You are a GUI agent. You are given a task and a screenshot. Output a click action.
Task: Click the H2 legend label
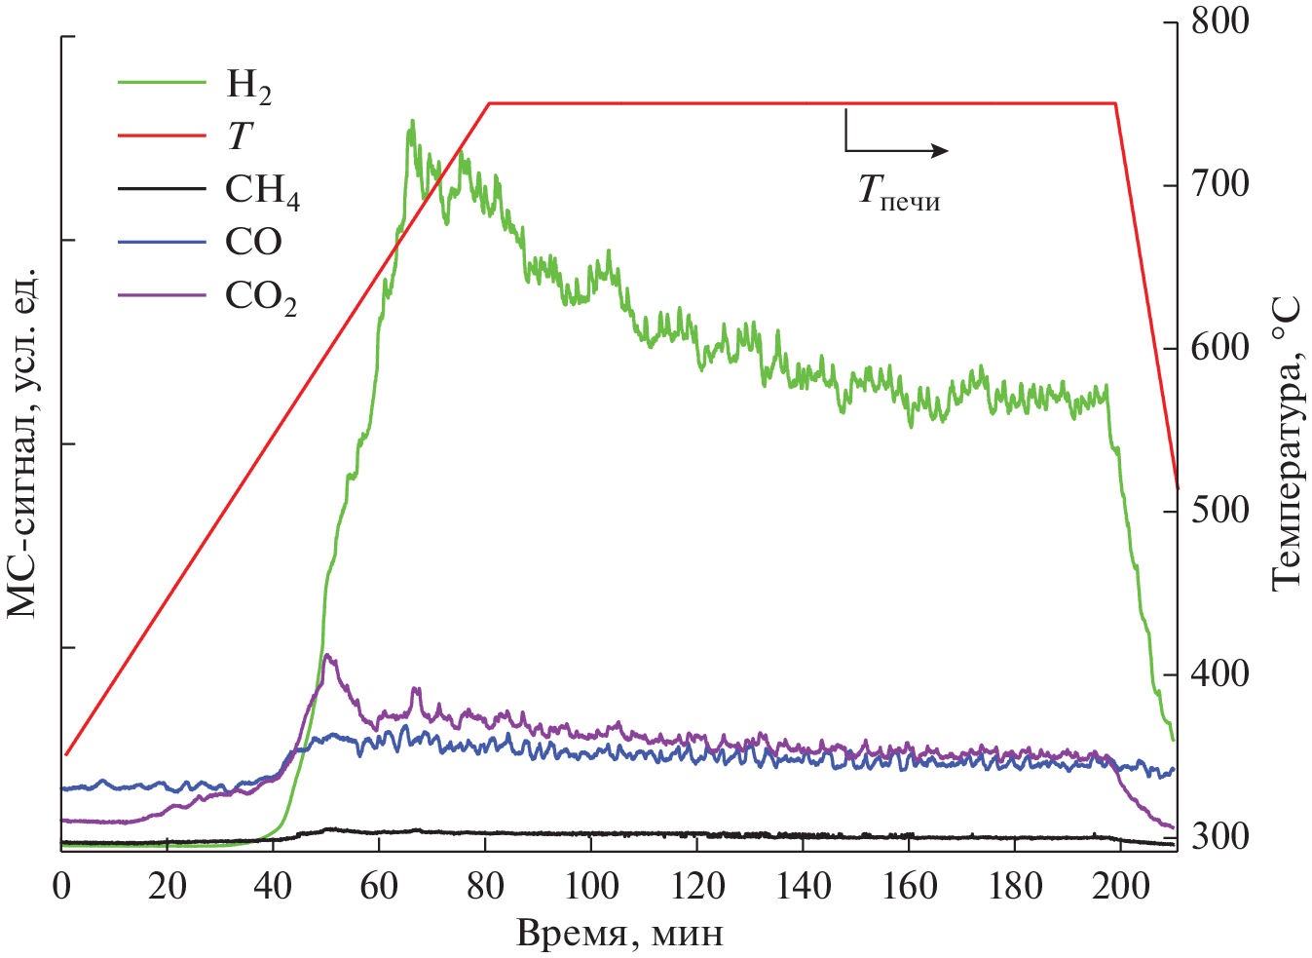(248, 87)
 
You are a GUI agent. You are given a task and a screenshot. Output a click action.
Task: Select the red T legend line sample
(162, 135)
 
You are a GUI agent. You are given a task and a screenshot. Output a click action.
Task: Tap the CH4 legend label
(262, 191)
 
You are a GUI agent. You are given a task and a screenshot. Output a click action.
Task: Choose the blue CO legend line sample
(162, 242)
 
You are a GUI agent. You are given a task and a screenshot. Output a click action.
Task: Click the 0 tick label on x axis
(62, 886)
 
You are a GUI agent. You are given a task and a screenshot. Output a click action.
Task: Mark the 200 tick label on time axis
(1120, 886)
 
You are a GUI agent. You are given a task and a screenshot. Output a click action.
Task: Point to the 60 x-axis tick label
(379, 886)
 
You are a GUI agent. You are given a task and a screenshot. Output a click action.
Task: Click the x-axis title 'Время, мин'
(619, 934)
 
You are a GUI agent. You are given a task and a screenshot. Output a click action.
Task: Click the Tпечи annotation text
(898, 190)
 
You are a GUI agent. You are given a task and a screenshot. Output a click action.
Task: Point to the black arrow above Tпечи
(896, 148)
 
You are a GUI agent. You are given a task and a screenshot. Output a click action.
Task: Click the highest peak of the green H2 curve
(412, 122)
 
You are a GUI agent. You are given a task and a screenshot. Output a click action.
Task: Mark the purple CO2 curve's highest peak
(327, 655)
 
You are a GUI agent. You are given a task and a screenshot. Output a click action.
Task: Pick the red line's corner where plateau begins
(489, 102)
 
